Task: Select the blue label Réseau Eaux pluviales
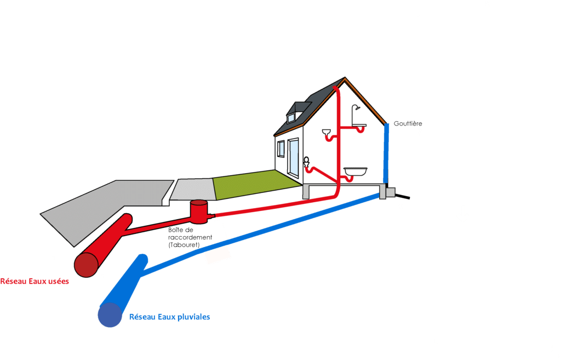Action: point(169,317)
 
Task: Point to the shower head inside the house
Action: point(356,108)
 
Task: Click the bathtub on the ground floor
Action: point(355,172)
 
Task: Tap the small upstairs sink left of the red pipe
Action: point(326,132)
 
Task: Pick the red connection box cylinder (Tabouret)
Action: point(198,210)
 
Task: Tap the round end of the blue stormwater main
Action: point(110,315)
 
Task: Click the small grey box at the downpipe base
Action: point(391,193)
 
